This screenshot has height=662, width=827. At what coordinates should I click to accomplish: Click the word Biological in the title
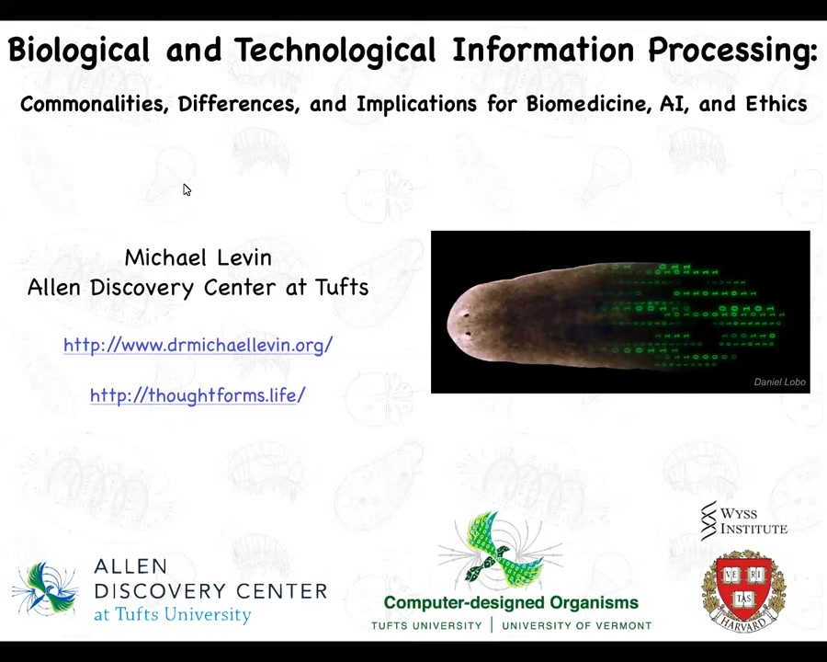[79, 51]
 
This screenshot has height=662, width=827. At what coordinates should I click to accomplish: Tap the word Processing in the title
[732, 51]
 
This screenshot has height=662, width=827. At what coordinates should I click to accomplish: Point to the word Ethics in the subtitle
[776, 104]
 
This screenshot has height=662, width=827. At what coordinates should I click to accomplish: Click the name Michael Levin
[198, 257]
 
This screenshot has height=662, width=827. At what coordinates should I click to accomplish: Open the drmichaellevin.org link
[198, 345]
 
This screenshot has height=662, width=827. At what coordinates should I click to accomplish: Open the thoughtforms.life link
[198, 394]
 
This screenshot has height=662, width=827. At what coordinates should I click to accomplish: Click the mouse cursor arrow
[187, 190]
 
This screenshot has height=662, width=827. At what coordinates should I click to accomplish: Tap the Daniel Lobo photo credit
[779, 382]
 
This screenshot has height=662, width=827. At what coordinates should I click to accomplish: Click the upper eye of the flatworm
[466, 315]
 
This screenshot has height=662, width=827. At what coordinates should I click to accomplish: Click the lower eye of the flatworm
[468, 334]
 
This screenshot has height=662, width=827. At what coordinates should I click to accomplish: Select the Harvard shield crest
[743, 590]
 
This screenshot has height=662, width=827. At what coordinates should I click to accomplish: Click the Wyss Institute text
[753, 520]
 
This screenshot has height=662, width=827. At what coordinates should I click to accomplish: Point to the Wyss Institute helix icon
[708, 520]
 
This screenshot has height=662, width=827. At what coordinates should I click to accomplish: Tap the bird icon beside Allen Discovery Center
[45, 589]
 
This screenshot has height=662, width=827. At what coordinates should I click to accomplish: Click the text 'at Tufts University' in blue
[173, 614]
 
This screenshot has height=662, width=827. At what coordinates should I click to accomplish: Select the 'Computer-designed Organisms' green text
[511, 602]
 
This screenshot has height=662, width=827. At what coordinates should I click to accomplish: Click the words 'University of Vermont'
[576, 626]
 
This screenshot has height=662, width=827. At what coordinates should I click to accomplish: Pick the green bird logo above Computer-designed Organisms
[500, 550]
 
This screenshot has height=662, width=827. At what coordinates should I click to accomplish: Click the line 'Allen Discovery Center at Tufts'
[198, 288]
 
